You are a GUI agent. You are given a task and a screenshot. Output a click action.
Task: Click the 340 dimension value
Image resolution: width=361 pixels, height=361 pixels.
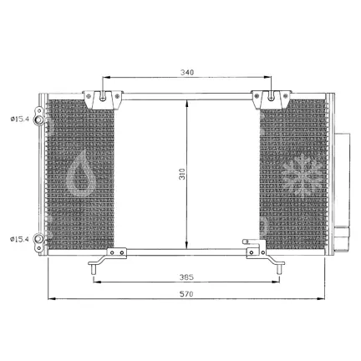pos(187,73)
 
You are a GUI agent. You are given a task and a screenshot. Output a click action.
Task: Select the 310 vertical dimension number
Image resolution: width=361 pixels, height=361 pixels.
pos(182,174)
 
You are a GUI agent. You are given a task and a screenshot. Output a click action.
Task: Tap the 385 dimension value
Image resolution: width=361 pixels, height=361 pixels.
pos(186,277)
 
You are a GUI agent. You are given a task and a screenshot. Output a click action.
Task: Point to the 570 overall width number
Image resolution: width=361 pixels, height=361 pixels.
pos(186,294)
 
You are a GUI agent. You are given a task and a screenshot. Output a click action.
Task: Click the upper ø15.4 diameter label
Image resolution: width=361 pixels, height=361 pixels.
pos(19,119)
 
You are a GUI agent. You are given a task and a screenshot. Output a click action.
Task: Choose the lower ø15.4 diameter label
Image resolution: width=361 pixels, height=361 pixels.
pos(19,239)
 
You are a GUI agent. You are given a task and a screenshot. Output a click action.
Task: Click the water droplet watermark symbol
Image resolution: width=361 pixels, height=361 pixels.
pos(81,174)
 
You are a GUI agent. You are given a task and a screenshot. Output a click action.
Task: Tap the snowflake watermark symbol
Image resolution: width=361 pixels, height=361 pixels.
pos(302,174)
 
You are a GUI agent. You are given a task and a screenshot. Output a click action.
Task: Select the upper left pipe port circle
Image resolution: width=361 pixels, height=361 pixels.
pos(38,120)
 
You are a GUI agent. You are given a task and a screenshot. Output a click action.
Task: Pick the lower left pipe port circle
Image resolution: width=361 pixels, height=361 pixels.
pos(38,239)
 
